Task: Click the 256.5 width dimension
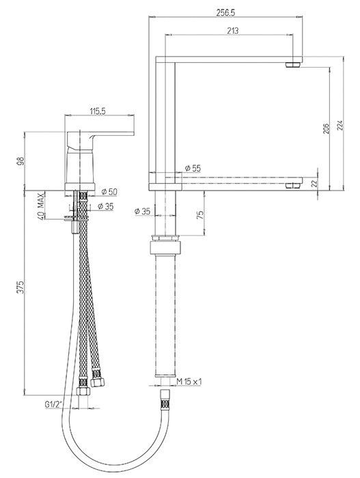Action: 225,12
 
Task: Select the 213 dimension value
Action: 233,31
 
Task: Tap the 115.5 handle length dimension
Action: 97,111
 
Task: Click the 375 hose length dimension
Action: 20,287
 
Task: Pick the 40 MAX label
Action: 41,206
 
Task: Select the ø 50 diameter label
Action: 109,192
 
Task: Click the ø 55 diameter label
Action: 193,168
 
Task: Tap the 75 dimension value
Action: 200,214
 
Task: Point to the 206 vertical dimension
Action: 326,128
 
